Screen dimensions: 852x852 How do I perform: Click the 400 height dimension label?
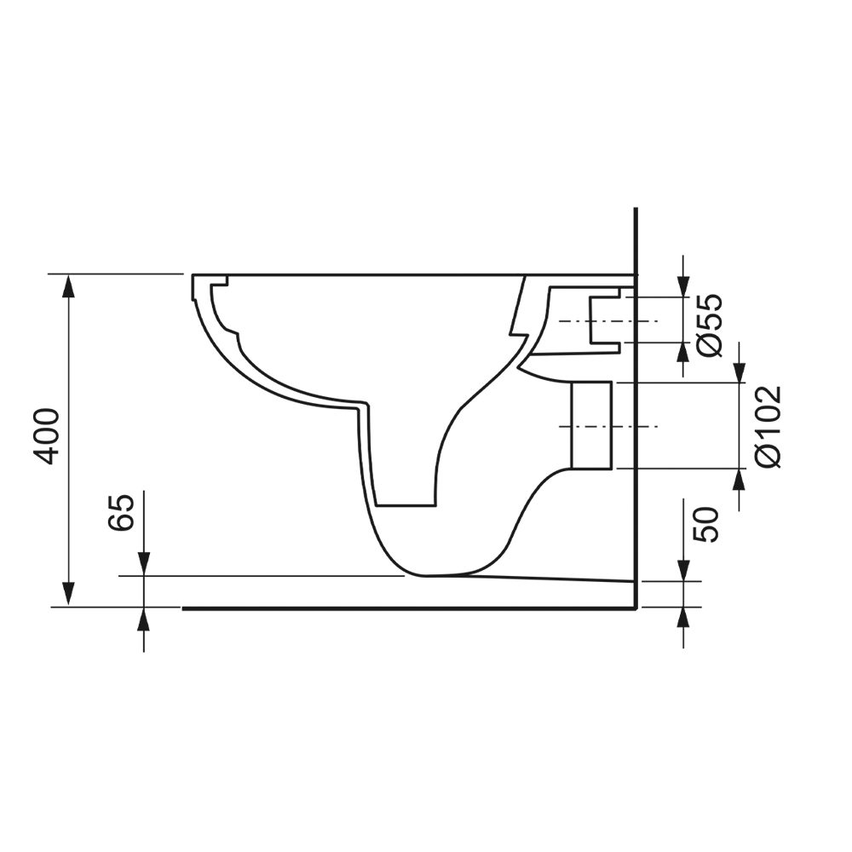pyautogui.click(x=47, y=435)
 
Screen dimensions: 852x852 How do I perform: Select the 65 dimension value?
pyautogui.click(x=122, y=511)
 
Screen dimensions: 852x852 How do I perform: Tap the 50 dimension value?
pyautogui.click(x=706, y=523)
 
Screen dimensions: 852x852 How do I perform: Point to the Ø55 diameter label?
pyautogui.click(x=708, y=324)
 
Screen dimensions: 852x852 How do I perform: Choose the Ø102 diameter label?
pyautogui.click(x=768, y=425)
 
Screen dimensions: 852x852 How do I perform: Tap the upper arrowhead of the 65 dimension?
pyautogui.click(x=143, y=564)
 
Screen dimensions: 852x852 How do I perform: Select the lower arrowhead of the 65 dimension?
pyautogui.click(x=143, y=619)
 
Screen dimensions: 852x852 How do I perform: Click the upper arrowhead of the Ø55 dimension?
pyautogui.click(x=683, y=286)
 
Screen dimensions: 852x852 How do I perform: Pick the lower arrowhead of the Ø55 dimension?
pyautogui.click(x=683, y=353)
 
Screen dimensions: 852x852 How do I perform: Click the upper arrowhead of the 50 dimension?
pyautogui.click(x=683, y=570)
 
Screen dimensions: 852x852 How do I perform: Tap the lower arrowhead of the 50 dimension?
pyautogui.click(x=683, y=618)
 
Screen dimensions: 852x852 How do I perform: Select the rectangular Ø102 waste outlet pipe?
pyautogui.click(x=590, y=425)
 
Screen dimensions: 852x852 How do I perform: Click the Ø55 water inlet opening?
pyautogui.click(x=607, y=320)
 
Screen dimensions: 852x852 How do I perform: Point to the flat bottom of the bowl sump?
pyautogui.click(x=406, y=504)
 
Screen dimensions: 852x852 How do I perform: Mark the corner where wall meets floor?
pyautogui.click(x=636, y=608)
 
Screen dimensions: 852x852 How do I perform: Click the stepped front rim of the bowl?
pyautogui.click(x=210, y=290)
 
